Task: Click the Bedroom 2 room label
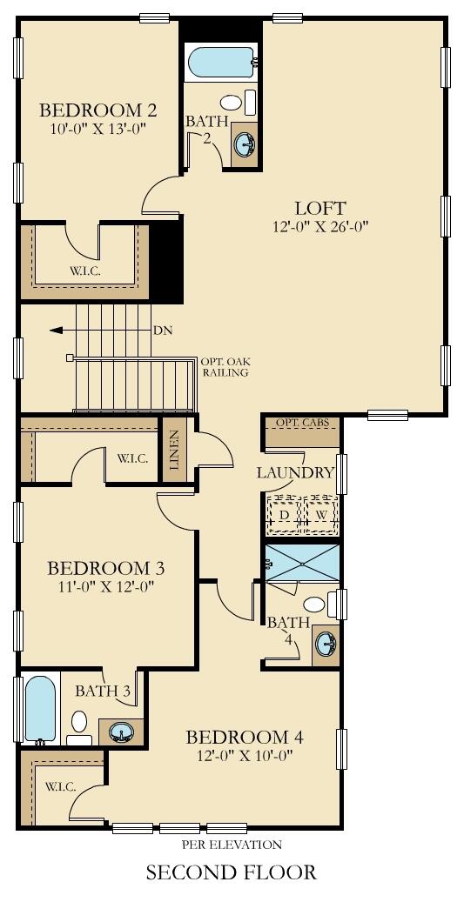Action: [98, 110]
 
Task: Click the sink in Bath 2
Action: [245, 143]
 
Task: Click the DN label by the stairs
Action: [163, 331]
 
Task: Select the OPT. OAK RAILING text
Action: [224, 366]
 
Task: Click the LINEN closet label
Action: [174, 450]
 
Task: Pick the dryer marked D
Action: [283, 515]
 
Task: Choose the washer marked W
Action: [320, 515]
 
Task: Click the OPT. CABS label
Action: [301, 423]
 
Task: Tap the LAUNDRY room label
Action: [295, 473]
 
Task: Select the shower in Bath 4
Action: [301, 562]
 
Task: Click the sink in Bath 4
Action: [326, 645]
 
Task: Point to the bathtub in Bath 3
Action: [40, 708]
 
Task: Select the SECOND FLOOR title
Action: [231, 872]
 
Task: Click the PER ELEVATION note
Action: [231, 844]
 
